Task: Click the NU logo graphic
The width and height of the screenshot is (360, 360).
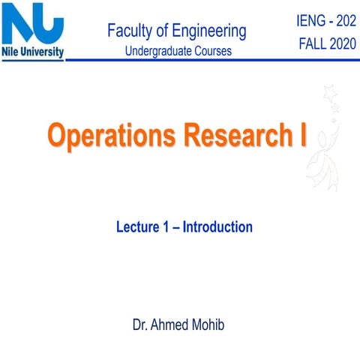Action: tap(33, 26)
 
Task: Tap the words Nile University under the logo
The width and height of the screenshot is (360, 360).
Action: tap(33, 52)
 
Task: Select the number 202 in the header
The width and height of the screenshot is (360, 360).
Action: tap(343, 16)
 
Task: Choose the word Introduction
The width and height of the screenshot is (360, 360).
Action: tap(217, 226)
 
